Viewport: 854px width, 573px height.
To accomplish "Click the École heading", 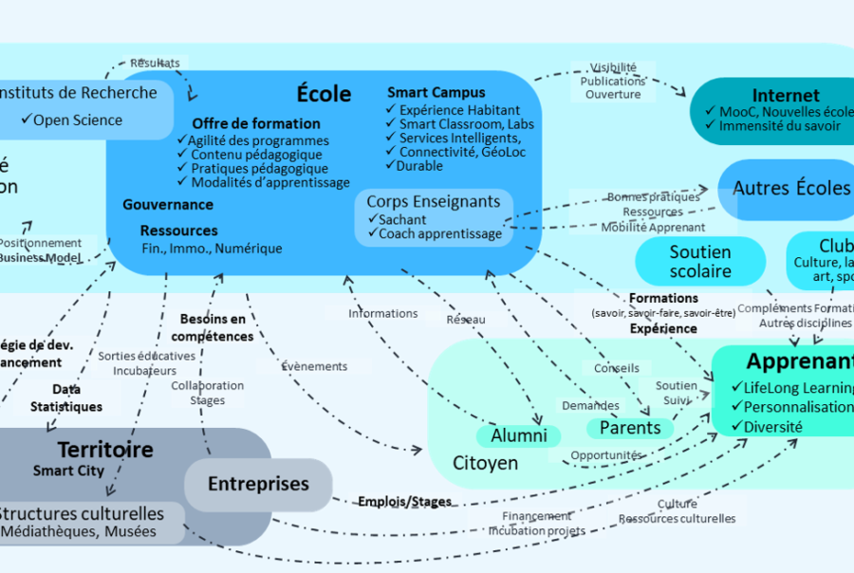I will pos(324,94).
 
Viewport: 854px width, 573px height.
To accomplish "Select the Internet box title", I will pos(785,96).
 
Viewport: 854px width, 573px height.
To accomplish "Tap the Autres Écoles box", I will pos(790,188).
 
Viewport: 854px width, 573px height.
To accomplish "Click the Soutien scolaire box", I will pos(699,262).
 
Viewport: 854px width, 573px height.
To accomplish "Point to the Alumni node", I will pos(518,435).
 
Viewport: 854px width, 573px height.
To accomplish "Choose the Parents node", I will pos(629,428).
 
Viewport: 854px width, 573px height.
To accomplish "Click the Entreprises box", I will pos(258,484).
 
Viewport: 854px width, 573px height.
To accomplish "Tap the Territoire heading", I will pos(104,450).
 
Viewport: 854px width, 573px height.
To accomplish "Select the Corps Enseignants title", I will pos(433,201).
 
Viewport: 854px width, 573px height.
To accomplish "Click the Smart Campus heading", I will pos(436,93).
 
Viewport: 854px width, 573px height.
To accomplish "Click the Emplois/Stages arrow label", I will pos(403,501).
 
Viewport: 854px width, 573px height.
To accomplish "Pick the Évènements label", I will pos(314,366).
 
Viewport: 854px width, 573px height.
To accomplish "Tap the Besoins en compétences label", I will pos(213,327).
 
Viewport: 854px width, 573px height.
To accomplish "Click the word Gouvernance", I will pos(167,205).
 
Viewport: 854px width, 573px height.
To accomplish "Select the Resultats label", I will pos(155,64).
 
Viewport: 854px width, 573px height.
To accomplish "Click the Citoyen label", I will pos(485,463).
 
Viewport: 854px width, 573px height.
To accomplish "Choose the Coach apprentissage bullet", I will pos(439,233).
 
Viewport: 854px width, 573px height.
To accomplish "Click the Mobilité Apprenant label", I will pos(653,228).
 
